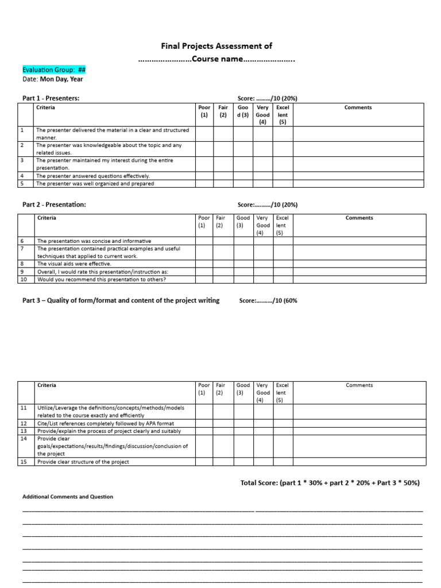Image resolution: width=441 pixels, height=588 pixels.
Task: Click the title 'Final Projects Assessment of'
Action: coord(216,46)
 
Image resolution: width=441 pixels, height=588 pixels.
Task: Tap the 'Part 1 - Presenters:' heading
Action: coord(51,98)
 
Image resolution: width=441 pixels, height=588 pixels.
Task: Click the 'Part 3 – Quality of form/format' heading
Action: coord(121,300)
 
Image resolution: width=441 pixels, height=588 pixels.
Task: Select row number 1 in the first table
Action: coord(22,130)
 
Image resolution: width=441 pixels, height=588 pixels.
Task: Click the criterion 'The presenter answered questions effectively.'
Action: coord(93,176)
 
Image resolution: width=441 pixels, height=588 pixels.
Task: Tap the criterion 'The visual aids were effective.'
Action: coord(74,264)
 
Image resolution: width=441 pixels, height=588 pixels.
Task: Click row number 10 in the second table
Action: coord(25,279)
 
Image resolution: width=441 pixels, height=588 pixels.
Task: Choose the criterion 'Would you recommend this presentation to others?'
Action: coord(102,279)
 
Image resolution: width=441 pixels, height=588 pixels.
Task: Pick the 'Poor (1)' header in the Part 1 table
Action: coord(204,111)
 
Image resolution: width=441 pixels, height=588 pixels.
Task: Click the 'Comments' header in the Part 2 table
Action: coord(359,218)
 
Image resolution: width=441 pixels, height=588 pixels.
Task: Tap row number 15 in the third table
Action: coord(25,462)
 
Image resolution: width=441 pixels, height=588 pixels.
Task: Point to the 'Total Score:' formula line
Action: coord(330,483)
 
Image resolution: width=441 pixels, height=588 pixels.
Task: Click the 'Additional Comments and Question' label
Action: coord(68,497)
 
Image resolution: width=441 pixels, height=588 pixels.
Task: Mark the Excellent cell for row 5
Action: coord(283,184)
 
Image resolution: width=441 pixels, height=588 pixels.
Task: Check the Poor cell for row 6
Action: coord(204,241)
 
